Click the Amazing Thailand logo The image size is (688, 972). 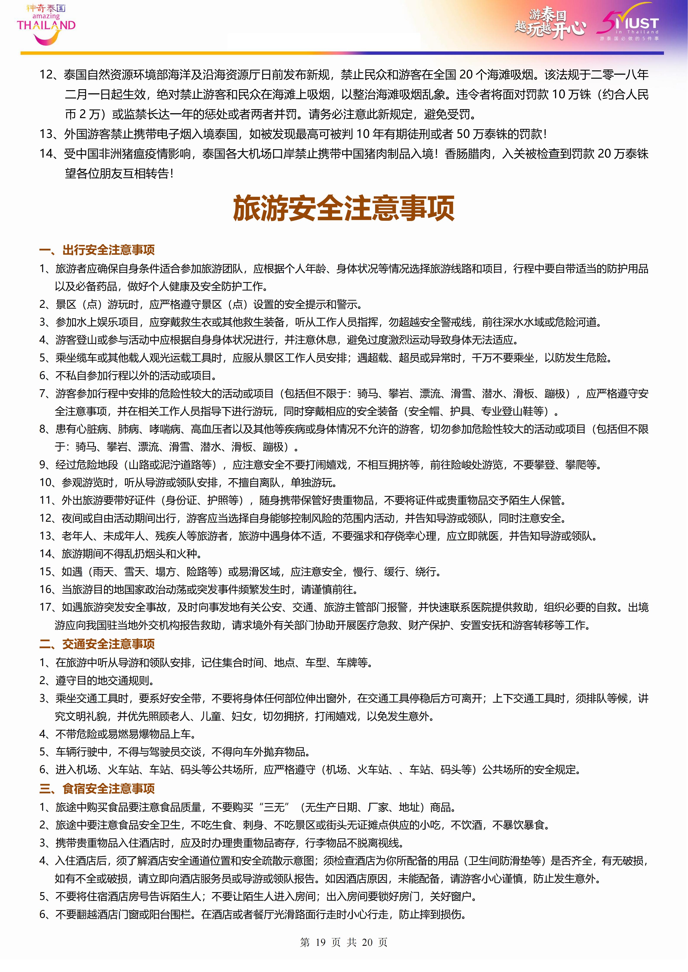pos(46,24)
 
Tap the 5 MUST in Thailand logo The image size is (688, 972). pos(628,22)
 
